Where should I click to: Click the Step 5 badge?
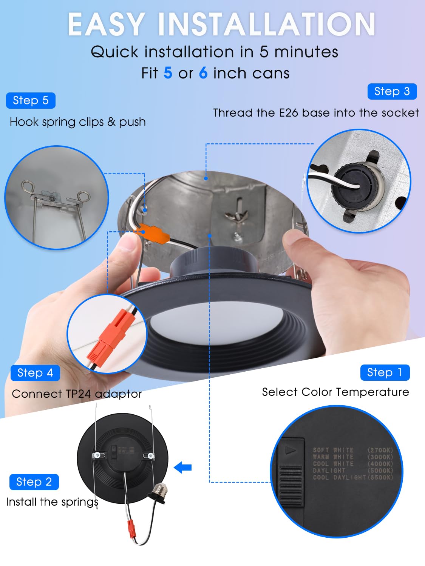(31, 100)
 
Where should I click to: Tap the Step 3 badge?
(392, 91)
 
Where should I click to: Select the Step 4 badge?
(35, 373)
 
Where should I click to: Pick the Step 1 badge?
(385, 372)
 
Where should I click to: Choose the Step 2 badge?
(34, 482)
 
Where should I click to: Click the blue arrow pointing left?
(183, 467)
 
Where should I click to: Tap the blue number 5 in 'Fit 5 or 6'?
(168, 73)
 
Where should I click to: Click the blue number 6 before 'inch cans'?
(203, 73)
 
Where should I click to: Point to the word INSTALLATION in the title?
(266, 24)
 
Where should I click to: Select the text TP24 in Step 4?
(79, 394)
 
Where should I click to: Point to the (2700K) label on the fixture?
(380, 450)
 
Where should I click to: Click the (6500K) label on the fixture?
(380, 477)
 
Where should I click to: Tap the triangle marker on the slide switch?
(291, 451)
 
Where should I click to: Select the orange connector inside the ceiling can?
(152, 232)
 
